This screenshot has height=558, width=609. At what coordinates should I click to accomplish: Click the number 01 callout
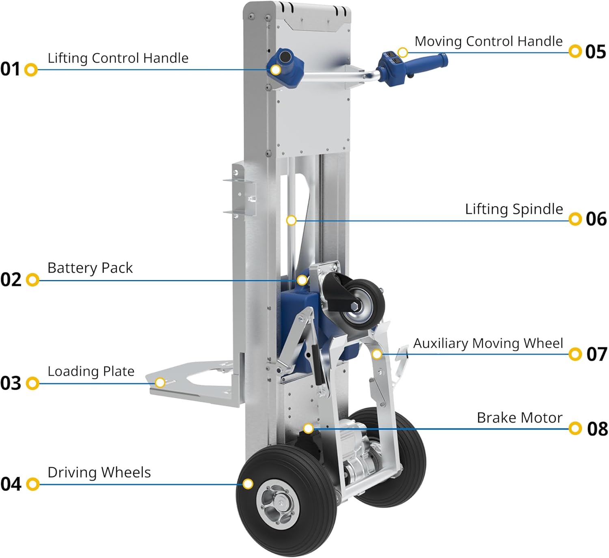pyautogui.click(x=10, y=69)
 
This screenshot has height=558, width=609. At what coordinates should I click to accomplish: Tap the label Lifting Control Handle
pyautogui.click(x=118, y=58)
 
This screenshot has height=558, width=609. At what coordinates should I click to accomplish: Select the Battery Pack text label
pyautogui.click(x=90, y=268)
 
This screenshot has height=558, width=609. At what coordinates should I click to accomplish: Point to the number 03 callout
pyautogui.click(x=11, y=383)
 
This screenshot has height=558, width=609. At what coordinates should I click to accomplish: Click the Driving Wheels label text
pyautogui.click(x=99, y=472)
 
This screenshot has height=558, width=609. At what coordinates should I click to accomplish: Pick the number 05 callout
pyautogui.click(x=596, y=52)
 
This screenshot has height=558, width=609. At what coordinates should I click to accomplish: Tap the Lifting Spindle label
pyautogui.click(x=514, y=209)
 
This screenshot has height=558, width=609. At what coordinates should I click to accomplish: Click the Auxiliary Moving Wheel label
pyautogui.click(x=488, y=343)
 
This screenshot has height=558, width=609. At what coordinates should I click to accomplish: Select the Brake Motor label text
pyautogui.click(x=519, y=418)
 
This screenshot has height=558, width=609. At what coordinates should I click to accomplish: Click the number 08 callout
pyautogui.click(x=597, y=429)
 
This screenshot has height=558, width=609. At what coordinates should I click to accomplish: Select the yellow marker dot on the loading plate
pyautogui.click(x=160, y=383)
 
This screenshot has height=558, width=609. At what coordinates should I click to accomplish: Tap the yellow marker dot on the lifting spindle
pyautogui.click(x=291, y=220)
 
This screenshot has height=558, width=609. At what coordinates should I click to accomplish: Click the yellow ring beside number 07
pyautogui.click(x=575, y=354)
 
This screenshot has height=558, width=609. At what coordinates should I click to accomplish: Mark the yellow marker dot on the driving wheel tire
pyautogui.click(x=248, y=484)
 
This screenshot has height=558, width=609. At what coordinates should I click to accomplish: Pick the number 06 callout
pyautogui.click(x=596, y=219)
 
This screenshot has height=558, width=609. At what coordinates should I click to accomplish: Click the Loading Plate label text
pyautogui.click(x=91, y=371)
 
